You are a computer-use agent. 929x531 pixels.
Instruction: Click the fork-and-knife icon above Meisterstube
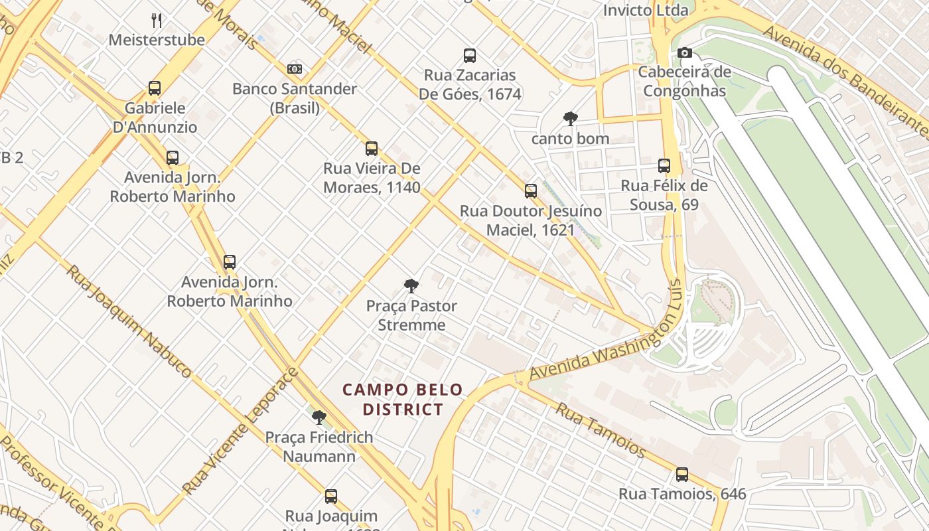(157, 20)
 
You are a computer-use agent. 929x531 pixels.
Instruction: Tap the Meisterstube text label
(157, 40)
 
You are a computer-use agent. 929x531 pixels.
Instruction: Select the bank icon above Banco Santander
(295, 69)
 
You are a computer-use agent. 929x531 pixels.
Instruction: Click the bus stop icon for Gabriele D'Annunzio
(155, 88)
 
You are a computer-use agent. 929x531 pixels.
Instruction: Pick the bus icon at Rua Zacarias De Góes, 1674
(470, 56)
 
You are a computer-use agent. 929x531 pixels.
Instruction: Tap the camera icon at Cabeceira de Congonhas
(685, 53)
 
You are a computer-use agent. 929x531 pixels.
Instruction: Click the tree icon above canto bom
(570, 119)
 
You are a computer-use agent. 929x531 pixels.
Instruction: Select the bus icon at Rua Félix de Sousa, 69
(664, 166)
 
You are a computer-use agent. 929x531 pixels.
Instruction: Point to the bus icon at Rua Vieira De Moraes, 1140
(372, 149)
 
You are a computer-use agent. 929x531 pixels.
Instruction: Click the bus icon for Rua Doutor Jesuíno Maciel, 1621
(531, 191)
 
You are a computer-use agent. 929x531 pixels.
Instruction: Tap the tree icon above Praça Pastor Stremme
(411, 287)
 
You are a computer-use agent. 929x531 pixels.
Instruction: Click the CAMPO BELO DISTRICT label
(403, 400)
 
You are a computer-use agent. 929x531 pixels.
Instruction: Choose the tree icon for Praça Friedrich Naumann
(319, 417)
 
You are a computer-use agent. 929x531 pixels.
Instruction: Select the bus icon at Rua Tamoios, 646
(682, 475)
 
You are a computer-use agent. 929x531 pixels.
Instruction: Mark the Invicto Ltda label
(645, 10)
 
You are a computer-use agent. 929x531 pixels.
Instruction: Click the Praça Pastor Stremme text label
(411, 315)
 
